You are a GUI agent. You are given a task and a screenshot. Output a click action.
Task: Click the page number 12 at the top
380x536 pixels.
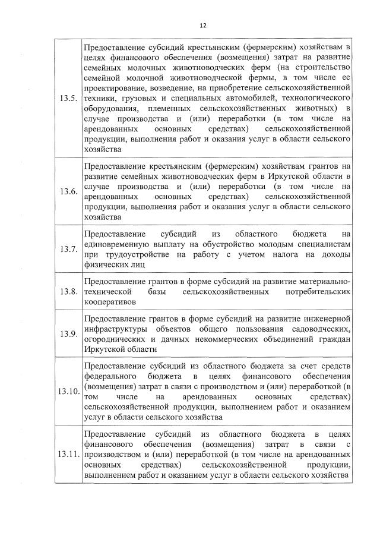coord(202,26)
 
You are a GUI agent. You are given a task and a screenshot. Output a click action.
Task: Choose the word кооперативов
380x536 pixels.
coord(110,301)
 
